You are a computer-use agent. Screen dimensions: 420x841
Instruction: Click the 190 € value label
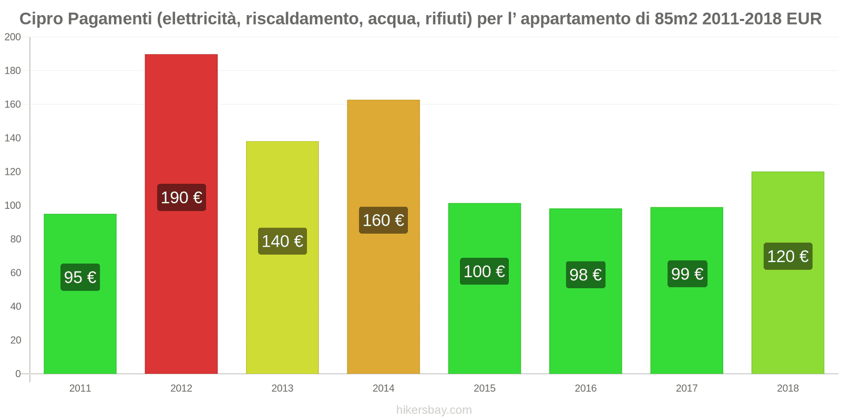181,197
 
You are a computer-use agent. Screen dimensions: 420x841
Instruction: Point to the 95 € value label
80,277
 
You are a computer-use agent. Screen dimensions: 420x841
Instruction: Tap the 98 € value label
585,275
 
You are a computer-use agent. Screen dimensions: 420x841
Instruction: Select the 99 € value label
687,274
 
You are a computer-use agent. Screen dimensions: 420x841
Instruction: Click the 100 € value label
484,271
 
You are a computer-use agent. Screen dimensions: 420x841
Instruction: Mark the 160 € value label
383,220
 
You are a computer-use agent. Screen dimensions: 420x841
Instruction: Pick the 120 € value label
787,256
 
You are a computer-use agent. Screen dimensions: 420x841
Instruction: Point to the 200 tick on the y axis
13,37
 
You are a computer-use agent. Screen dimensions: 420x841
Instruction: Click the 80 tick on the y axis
15,239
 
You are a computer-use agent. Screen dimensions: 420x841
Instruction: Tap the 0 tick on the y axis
18,374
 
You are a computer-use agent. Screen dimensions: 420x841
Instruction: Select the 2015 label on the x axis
484,388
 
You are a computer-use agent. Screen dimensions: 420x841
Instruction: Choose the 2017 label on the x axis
686,388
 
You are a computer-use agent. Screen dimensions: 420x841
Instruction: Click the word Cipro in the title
41,19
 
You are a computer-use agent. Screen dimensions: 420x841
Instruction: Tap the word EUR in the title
804,19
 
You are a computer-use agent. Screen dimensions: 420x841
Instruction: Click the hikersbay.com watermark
434,410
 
